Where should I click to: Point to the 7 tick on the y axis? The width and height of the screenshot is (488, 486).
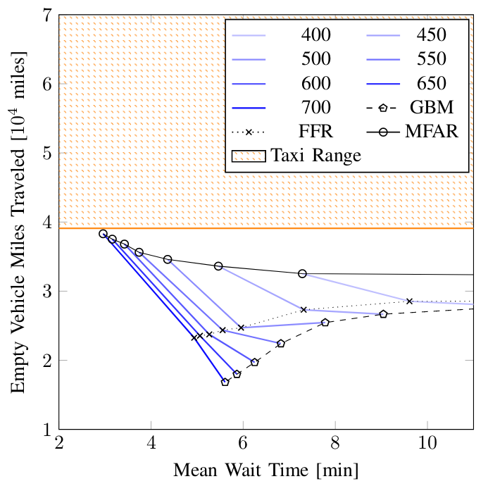pyautogui.click(x=49, y=15)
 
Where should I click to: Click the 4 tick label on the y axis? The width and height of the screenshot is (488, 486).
pyautogui.click(x=49, y=222)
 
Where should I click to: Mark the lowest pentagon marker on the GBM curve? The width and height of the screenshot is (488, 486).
pyautogui.click(x=225, y=382)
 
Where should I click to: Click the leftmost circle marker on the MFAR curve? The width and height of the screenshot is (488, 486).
pyautogui.click(x=103, y=234)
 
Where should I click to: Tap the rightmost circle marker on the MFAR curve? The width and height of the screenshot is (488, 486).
pyautogui.click(x=302, y=273)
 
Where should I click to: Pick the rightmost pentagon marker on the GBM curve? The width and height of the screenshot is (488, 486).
pyautogui.click(x=383, y=314)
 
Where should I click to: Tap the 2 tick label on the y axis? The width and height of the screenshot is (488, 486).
pyautogui.click(x=49, y=360)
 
